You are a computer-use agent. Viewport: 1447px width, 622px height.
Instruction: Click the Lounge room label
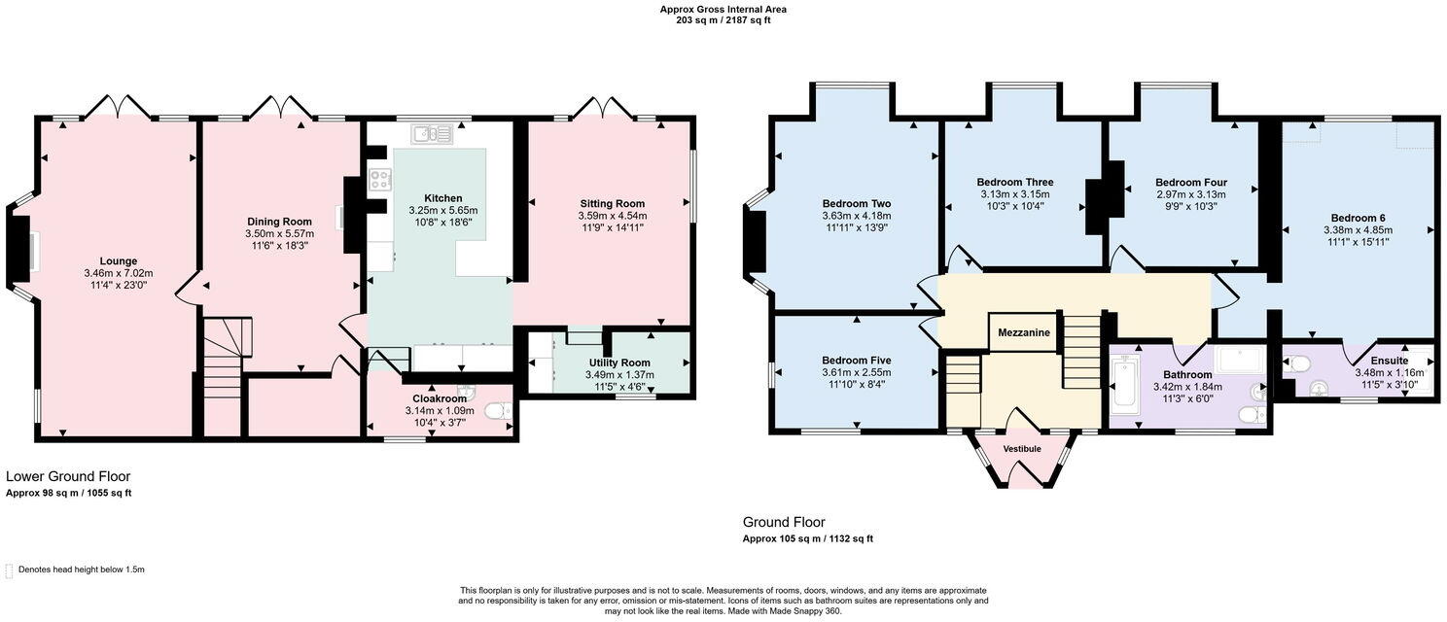click(118, 260)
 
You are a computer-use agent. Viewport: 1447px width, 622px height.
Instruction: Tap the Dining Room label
click(279, 222)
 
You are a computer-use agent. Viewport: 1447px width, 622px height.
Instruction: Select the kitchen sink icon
click(431, 133)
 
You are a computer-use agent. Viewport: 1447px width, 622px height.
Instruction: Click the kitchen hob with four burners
click(380, 180)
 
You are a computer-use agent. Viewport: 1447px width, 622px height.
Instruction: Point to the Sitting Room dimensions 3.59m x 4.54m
click(612, 216)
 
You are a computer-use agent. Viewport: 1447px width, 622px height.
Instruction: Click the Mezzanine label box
click(1023, 332)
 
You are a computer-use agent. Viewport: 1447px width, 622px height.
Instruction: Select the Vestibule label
click(1021, 449)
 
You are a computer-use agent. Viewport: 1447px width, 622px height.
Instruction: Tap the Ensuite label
click(1389, 361)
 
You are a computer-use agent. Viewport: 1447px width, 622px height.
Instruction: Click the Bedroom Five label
click(856, 360)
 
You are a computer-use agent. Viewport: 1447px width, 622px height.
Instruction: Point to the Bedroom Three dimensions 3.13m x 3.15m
click(1014, 194)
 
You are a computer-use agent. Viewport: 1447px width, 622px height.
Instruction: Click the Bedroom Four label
click(1190, 182)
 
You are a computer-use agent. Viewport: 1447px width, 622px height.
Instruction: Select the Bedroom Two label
click(856, 203)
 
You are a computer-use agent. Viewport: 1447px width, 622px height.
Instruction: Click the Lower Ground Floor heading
click(68, 476)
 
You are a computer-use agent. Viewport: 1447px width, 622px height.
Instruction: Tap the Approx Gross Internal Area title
click(723, 9)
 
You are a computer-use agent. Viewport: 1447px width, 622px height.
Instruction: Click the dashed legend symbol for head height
click(9, 570)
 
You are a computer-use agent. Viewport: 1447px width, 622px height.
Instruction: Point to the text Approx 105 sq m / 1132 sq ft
click(807, 538)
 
